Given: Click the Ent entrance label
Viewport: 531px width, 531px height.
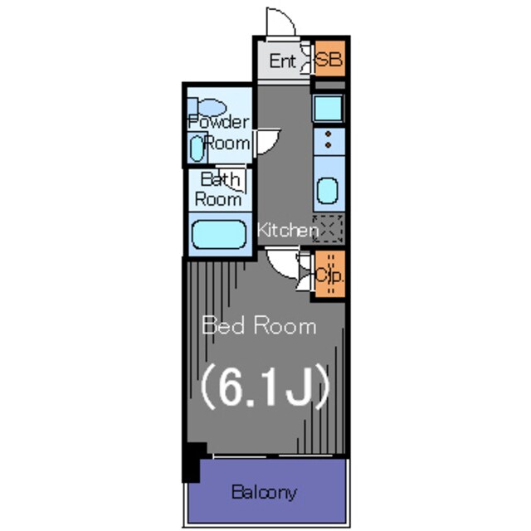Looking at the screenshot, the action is (x=283, y=61).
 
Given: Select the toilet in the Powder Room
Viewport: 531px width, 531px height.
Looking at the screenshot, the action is (x=207, y=108).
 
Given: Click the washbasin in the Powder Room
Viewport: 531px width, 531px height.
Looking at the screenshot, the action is (x=197, y=148).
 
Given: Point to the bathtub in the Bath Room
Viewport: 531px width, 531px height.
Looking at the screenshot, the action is (x=219, y=234).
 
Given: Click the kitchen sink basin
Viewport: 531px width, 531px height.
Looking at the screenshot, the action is (x=328, y=191).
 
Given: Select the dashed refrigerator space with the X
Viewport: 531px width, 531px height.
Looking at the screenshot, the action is (x=329, y=229).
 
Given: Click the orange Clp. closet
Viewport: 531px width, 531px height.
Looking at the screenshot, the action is (x=330, y=275).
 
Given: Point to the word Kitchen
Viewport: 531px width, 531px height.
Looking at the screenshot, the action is (x=288, y=231).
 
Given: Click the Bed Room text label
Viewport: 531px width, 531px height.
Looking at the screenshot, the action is (x=259, y=325).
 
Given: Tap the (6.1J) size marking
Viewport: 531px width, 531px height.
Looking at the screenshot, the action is (x=265, y=387).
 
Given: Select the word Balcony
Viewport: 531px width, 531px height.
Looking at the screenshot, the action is (x=264, y=492).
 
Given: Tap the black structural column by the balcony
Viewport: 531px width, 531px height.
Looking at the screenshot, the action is (x=193, y=461).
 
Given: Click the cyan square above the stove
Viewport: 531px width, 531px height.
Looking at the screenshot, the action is (x=328, y=108).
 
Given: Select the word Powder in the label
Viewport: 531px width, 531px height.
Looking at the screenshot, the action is (x=219, y=122).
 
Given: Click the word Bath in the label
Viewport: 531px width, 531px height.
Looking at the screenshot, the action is (x=220, y=179).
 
